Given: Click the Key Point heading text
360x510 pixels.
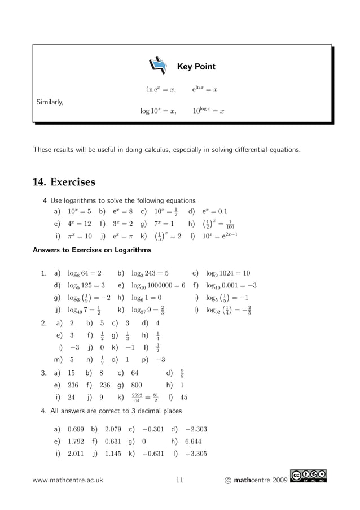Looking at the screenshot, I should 196,67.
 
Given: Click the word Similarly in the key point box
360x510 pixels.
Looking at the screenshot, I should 50,102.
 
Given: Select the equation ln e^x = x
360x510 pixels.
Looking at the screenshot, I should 161,89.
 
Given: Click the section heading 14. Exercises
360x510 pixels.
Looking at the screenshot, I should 64,182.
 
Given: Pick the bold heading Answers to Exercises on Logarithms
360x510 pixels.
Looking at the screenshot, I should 92,250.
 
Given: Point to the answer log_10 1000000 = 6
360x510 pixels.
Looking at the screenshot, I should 158,285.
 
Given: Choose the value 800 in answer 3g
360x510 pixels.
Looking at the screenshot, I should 136,385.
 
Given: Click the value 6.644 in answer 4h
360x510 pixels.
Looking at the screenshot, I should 193,442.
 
